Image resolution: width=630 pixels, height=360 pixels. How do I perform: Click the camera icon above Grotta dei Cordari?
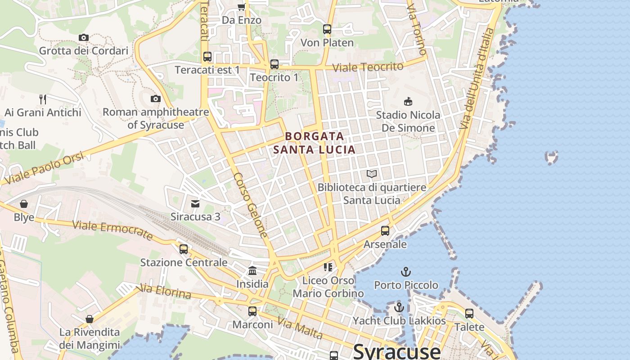coord(83,37)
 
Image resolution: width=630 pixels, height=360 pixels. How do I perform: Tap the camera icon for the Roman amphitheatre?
coord(156,99)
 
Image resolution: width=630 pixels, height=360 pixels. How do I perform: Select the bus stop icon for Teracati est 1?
coord(207,57)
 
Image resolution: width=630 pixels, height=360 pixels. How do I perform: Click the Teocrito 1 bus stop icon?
coord(274,64)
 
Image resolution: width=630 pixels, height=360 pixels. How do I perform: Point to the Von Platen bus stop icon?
coord(327,29)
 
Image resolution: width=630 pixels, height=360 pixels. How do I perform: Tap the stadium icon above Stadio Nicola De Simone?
coord(408,101)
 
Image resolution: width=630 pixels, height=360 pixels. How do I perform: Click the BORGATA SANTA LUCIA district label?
coord(315,143)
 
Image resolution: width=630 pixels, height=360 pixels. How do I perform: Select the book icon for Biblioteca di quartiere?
coord(372,174)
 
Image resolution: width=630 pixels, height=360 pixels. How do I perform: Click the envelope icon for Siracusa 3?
coord(195,204)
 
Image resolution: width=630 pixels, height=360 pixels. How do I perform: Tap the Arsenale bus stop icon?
coord(385,231)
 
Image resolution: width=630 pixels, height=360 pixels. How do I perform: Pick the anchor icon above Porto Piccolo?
coord(406,272)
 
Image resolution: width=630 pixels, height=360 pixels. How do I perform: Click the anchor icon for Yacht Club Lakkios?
coord(399,307)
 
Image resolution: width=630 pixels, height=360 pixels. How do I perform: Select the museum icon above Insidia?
coord(252,271)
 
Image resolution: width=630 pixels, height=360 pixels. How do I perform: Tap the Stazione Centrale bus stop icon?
coord(184,249)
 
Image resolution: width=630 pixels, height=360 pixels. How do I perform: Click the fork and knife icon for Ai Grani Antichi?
coord(43,99)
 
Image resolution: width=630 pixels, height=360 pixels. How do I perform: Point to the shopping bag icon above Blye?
coord(24,204)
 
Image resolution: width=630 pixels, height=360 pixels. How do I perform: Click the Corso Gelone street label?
coord(251,205)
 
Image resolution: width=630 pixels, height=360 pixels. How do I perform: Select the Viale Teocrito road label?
coord(368,67)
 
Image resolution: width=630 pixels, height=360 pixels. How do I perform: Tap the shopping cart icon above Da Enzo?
coord(241,7)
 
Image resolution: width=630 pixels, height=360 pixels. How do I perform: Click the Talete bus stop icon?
coord(469,314)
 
